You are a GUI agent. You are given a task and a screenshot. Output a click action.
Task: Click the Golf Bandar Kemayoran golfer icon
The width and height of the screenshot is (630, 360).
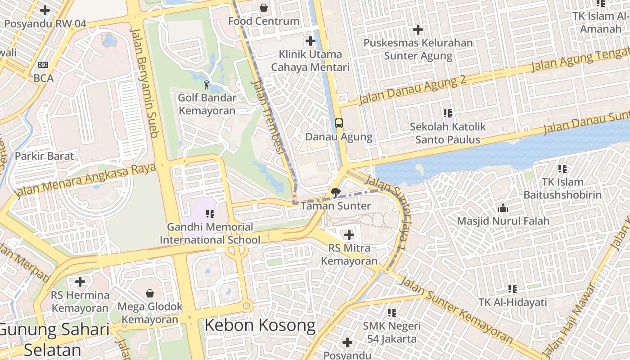pos(207,84)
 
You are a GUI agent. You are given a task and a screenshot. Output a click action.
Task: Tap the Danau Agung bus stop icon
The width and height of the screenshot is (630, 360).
pos(339,123)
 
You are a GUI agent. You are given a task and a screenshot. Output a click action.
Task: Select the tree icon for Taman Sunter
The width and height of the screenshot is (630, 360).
pos(335,193)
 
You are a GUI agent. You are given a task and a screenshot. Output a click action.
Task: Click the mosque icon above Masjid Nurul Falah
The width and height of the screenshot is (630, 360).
pos(503,208)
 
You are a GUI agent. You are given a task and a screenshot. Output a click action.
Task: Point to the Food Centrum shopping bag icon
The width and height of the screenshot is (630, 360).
pos(263,8)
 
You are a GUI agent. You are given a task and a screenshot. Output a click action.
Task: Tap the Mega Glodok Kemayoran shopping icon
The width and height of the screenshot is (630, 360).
pos(150,293)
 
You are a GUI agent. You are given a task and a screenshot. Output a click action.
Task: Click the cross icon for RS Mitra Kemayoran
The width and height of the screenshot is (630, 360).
pos(349,234)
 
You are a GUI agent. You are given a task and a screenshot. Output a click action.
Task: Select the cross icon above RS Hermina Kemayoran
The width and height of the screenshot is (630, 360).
pos(80,282)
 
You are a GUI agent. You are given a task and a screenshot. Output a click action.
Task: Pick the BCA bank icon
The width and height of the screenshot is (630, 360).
pos(43,65)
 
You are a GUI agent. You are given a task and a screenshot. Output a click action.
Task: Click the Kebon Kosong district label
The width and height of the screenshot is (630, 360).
pos(260,325)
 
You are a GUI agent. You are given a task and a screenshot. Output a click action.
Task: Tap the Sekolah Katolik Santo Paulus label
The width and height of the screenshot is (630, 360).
pos(448,133)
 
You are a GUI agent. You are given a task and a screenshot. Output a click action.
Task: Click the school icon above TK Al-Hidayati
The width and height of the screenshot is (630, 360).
pos(512,288)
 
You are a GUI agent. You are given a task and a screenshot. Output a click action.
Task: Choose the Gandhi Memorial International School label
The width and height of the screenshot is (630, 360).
pos(210,234)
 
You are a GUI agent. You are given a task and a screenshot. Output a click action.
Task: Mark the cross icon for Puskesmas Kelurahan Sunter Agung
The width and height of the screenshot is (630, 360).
pos(418,30)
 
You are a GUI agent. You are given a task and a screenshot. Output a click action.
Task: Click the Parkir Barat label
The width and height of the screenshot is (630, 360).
pos(44,156)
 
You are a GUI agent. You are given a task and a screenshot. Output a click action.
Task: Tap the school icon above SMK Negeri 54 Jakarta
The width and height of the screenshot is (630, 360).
pos(392,312)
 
